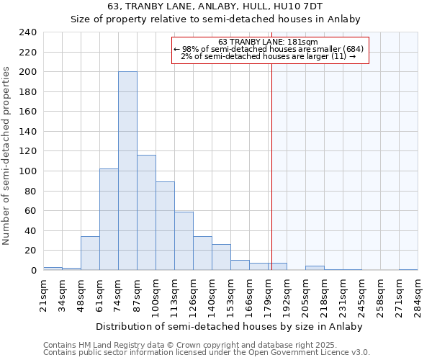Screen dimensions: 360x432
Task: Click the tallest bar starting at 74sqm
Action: [x=127, y=171]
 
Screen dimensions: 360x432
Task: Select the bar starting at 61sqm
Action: [x=109, y=220]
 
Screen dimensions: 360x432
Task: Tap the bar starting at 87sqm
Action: [x=146, y=212]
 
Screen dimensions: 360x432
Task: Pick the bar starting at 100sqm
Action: [x=165, y=226]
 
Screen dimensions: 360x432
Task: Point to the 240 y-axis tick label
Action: [x=28, y=32]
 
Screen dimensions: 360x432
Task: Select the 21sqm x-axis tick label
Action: [x=43, y=292]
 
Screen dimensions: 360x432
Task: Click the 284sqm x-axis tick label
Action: [x=418, y=292]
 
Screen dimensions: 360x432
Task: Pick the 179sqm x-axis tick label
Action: [x=268, y=292]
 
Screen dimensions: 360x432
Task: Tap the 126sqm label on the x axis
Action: [x=193, y=292]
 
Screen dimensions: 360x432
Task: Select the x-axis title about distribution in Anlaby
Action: [x=228, y=326]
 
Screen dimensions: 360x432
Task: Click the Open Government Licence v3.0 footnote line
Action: [x=207, y=352]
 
